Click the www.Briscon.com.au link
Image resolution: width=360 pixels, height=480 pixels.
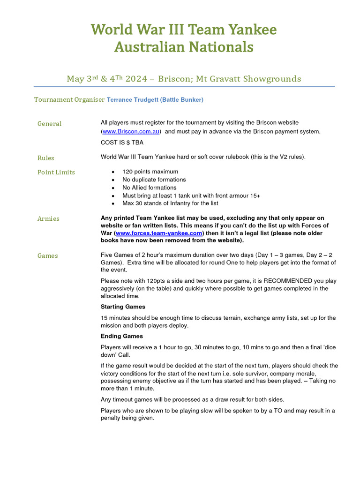(x=131, y=132)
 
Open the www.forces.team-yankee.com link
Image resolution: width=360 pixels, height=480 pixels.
(x=159, y=233)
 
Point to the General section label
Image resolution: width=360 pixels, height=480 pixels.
(x=50, y=124)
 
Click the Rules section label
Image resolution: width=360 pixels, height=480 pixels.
(x=46, y=158)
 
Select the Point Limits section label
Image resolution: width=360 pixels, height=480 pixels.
(x=56, y=172)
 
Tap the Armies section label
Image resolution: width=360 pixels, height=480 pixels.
(x=48, y=219)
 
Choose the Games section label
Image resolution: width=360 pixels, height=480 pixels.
(x=48, y=256)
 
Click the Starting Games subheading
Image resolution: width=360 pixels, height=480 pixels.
(x=123, y=307)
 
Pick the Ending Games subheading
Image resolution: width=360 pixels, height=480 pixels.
(x=122, y=336)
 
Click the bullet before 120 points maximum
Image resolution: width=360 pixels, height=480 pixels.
(x=113, y=172)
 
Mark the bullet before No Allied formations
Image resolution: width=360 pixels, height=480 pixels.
(x=113, y=188)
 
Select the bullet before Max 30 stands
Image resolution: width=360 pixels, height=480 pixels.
(x=113, y=204)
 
